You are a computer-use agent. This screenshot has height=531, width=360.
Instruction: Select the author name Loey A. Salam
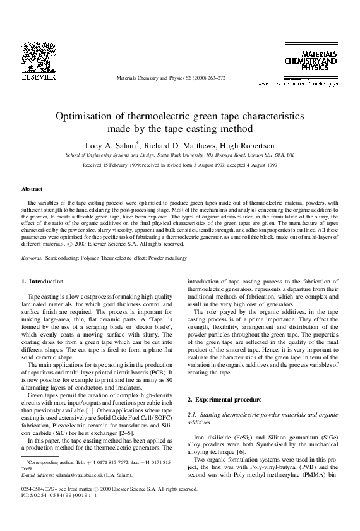pyautogui.click(x=112, y=145)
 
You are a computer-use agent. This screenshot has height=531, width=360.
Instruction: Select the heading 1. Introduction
pyautogui.click(x=42, y=280)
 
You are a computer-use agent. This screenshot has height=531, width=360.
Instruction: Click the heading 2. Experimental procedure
pyautogui.click(x=220, y=400)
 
